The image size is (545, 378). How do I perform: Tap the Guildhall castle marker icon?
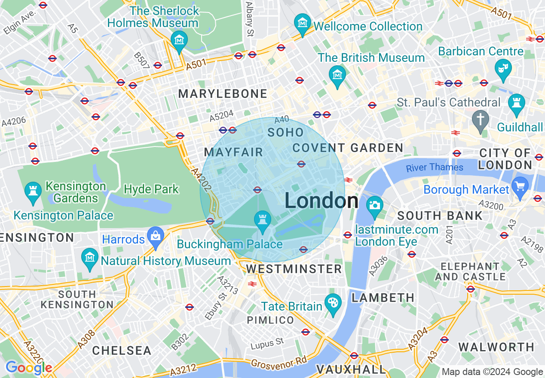pos(516,103)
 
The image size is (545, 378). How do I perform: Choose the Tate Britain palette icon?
pos(333,303)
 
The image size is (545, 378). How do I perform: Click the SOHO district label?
pos(285,132)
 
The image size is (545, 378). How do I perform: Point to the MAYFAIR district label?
pos(233,152)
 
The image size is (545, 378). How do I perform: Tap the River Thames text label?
pos(435,167)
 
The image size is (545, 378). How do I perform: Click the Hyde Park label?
pos(151,189)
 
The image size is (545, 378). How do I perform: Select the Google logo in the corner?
pos(28,368)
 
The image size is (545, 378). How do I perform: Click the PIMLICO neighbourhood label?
pos(270,320)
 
